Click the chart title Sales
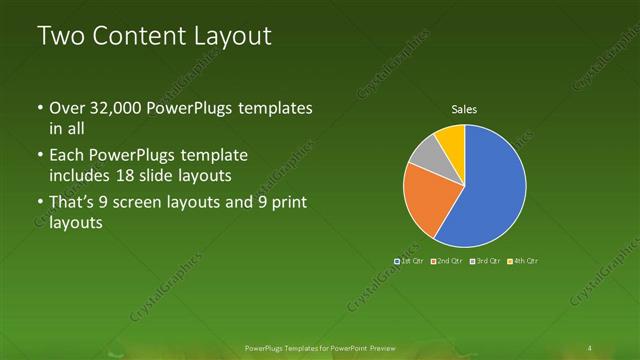tap(464, 110)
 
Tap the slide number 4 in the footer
tap(591, 347)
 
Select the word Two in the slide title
tap(58, 37)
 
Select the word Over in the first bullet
tap(65, 108)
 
